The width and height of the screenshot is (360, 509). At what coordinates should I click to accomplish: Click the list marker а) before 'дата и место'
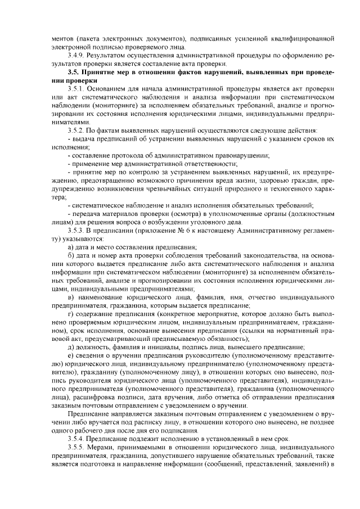(x=71, y=247)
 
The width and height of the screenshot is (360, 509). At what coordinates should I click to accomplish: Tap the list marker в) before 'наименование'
(x=71, y=296)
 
